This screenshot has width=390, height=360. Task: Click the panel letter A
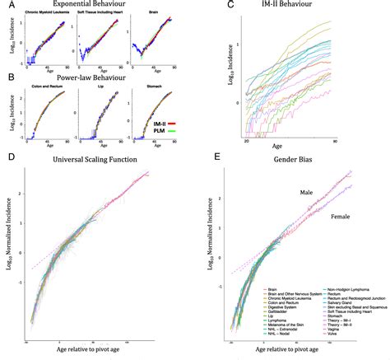click(6, 6)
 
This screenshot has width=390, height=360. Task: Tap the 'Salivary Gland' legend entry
click(329, 302)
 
